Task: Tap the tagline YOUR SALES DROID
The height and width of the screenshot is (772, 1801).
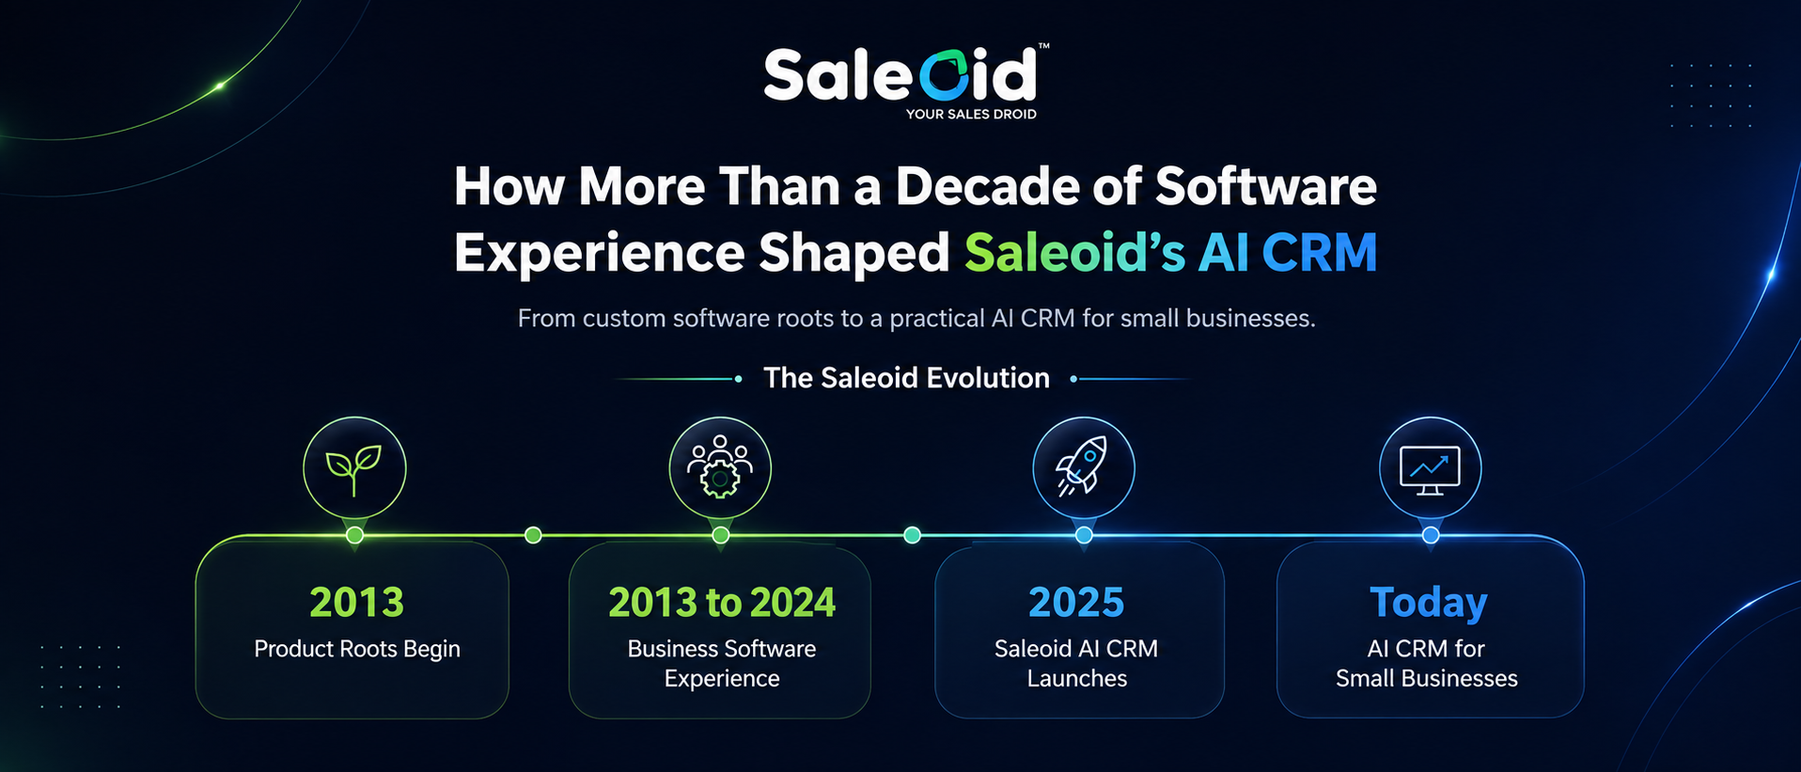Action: point(971,114)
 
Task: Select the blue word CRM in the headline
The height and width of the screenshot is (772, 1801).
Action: point(1319,252)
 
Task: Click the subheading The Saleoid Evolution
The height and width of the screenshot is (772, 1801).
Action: point(906,378)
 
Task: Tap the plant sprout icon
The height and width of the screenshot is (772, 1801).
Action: point(353,469)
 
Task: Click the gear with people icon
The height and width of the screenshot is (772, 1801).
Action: point(720,467)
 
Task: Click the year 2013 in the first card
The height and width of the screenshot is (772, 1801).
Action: point(356,603)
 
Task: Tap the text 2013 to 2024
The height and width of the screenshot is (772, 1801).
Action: point(721,603)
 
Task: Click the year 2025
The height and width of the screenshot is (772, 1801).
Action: point(1076,603)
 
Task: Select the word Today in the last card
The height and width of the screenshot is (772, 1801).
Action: point(1429,603)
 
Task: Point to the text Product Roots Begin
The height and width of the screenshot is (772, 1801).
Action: point(357,649)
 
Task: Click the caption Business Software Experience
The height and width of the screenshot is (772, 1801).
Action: point(721,663)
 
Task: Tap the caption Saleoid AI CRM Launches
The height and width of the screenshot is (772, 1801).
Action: point(1076,663)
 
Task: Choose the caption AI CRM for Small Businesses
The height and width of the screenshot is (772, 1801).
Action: point(1427,663)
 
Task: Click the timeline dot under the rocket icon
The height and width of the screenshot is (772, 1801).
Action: point(1084,535)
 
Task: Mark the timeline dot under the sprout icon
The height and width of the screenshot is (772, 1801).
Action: point(354,535)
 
